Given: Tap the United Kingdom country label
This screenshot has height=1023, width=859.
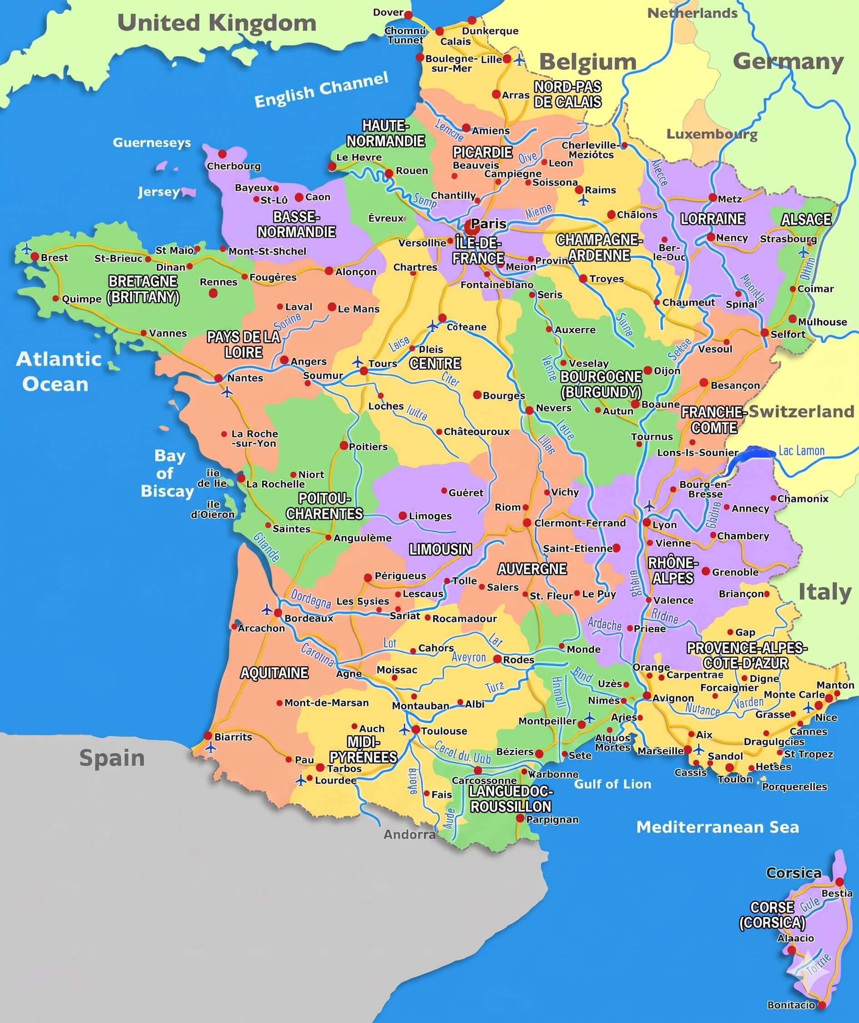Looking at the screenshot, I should point(217,23).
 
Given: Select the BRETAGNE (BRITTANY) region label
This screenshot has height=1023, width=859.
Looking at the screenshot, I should point(143,289).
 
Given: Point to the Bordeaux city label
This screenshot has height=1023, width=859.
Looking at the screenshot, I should point(309,618).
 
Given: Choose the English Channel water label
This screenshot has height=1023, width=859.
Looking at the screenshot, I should point(321,90).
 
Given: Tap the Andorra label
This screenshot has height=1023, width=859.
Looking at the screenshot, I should point(409,835).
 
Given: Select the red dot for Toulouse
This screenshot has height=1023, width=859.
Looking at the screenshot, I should point(416,729).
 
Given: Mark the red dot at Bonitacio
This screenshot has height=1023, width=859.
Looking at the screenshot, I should point(822,1005).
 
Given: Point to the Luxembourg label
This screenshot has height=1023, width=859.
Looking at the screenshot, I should point(712,134).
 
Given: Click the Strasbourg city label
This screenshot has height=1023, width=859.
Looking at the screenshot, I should point(788,239).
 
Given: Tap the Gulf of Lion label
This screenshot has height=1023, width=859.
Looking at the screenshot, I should point(612,784).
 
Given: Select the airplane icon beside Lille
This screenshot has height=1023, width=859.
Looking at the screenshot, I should point(520,60).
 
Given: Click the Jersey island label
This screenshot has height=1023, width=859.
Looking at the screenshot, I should point(158,192).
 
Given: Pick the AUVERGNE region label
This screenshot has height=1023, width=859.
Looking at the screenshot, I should point(532,568).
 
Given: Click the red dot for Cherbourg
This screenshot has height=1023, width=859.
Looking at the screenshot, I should point(222,154).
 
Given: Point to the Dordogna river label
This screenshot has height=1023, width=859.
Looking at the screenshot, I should point(311,599).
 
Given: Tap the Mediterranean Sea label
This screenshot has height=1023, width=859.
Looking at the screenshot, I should point(718,827).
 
